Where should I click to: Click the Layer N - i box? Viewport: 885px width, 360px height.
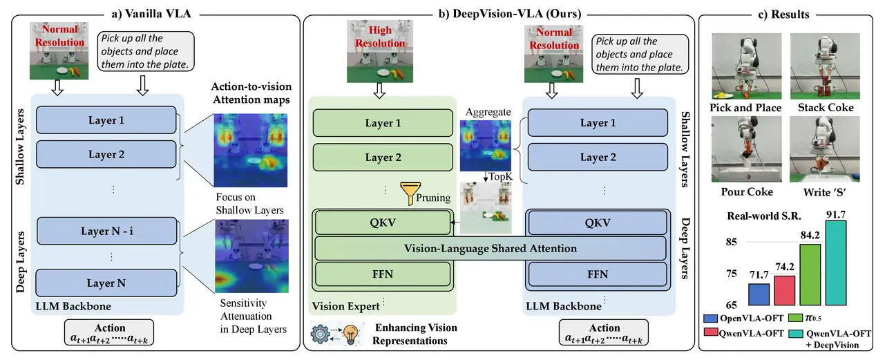(x=106, y=231)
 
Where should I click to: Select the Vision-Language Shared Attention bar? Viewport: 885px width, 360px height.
(x=491, y=248)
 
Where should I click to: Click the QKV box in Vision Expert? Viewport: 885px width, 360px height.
(x=383, y=222)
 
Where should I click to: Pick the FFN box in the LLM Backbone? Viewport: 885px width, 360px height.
(x=598, y=274)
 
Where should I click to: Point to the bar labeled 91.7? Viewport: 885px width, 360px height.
(x=836, y=263)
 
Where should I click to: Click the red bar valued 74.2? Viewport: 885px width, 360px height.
(x=784, y=290)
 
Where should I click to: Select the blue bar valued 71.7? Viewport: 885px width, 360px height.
(x=759, y=294)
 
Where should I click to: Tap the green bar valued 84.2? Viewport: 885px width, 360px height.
(x=810, y=274)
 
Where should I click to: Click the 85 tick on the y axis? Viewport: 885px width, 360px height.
(x=732, y=241)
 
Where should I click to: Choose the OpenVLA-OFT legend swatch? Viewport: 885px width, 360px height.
(x=711, y=318)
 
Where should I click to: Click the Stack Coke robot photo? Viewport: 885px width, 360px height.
(x=825, y=66)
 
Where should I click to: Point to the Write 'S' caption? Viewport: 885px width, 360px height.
(x=825, y=193)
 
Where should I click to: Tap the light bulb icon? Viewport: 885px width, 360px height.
(x=350, y=334)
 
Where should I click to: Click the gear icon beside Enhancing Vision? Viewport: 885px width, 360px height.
(x=320, y=334)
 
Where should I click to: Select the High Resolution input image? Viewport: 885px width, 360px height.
(x=380, y=51)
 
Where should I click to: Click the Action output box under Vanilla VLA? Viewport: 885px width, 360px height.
(x=109, y=332)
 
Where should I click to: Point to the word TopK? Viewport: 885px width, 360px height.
(x=501, y=177)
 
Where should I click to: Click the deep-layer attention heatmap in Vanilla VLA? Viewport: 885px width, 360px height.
(x=251, y=256)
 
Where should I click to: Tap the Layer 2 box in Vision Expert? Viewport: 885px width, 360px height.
(x=383, y=158)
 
